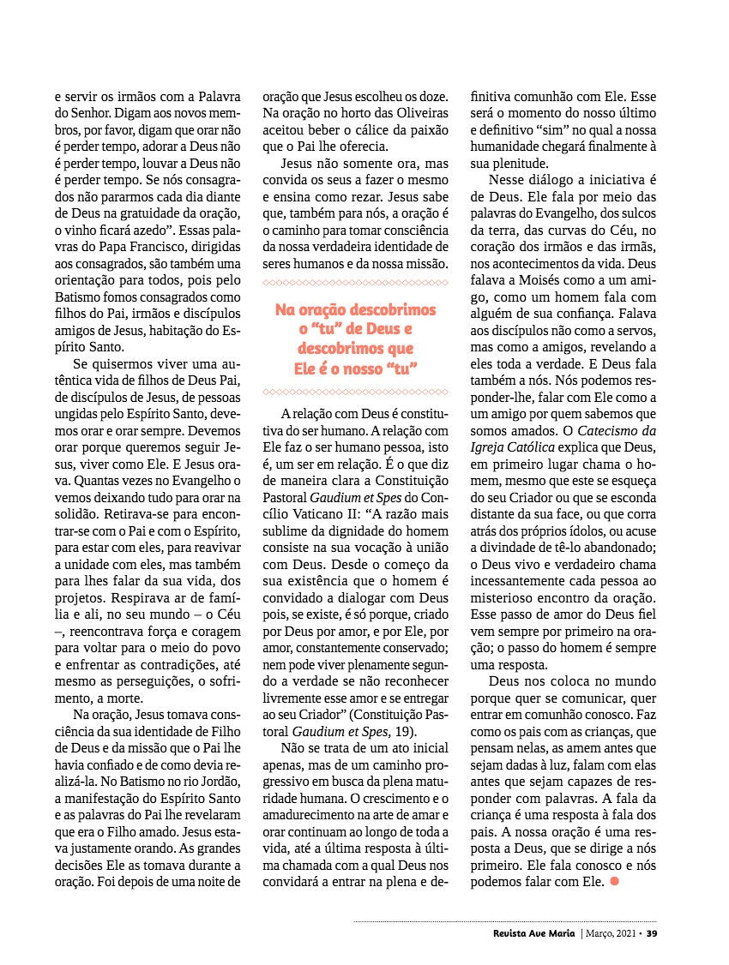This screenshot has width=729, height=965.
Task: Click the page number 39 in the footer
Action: point(652,933)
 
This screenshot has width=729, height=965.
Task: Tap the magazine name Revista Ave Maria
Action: point(529,933)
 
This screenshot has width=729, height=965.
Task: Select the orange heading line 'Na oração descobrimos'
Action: point(355,310)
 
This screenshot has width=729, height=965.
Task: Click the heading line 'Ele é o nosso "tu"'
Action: point(355,368)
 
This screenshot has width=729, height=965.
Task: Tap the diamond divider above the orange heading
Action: point(355,281)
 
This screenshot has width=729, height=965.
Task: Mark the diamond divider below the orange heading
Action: point(355,392)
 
